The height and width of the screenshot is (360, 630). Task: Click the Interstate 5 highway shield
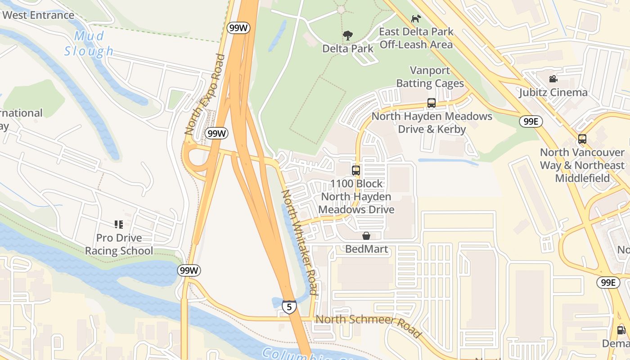coord(289,307)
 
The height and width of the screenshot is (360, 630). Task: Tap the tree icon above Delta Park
coord(347,36)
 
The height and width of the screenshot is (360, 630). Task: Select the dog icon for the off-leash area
coord(416,18)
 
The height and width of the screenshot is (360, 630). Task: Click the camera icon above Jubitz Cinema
coord(553,79)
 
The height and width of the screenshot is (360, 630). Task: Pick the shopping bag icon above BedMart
coord(366,236)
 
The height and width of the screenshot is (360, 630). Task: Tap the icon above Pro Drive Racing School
coord(119,224)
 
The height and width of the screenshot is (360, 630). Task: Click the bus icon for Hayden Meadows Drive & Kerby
coord(431,103)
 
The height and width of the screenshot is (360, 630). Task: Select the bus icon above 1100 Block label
coord(356,171)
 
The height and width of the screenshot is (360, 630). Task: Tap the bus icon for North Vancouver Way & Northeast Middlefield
coord(582,139)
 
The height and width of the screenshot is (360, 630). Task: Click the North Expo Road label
coord(205,94)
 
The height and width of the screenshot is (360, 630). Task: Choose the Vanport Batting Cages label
coord(430,77)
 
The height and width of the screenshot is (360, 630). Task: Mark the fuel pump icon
coord(621,330)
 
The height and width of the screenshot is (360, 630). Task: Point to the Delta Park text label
coord(348,48)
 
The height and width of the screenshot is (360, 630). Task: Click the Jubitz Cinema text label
coord(553,93)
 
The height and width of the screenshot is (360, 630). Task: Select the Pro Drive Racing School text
coord(119,244)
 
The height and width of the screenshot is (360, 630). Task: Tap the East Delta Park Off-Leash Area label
coord(416,38)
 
